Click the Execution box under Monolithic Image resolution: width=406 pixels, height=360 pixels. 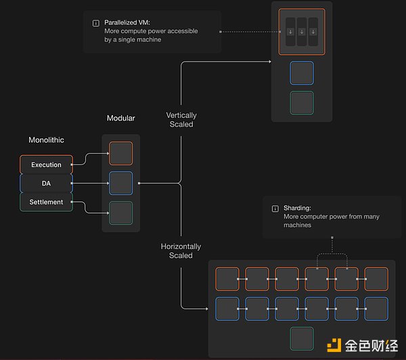click(x=46, y=164)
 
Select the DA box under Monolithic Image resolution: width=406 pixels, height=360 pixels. click(x=46, y=183)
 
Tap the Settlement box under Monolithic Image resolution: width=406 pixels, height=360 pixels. click(x=46, y=202)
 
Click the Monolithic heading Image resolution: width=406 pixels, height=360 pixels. click(x=46, y=140)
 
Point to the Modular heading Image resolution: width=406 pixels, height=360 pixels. click(x=121, y=118)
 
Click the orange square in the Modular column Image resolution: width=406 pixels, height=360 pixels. click(x=121, y=154)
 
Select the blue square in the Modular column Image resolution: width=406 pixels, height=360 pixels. click(x=121, y=183)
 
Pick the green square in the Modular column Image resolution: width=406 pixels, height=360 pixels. click(x=121, y=213)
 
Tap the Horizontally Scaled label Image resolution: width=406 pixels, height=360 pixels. click(x=181, y=251)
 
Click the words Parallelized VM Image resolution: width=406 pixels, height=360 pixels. click(x=128, y=22)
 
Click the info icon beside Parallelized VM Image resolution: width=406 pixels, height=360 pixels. click(x=95, y=23)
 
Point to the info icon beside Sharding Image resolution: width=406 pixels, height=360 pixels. click(x=275, y=208)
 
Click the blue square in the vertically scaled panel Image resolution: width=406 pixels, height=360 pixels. click(x=302, y=73)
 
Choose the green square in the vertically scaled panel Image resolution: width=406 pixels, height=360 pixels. click(x=302, y=103)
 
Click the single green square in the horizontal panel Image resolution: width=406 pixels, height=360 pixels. click(x=302, y=338)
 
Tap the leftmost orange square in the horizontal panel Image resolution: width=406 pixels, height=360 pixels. click(x=227, y=279)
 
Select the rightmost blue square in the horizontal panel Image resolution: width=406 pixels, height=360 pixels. click(x=376, y=309)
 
